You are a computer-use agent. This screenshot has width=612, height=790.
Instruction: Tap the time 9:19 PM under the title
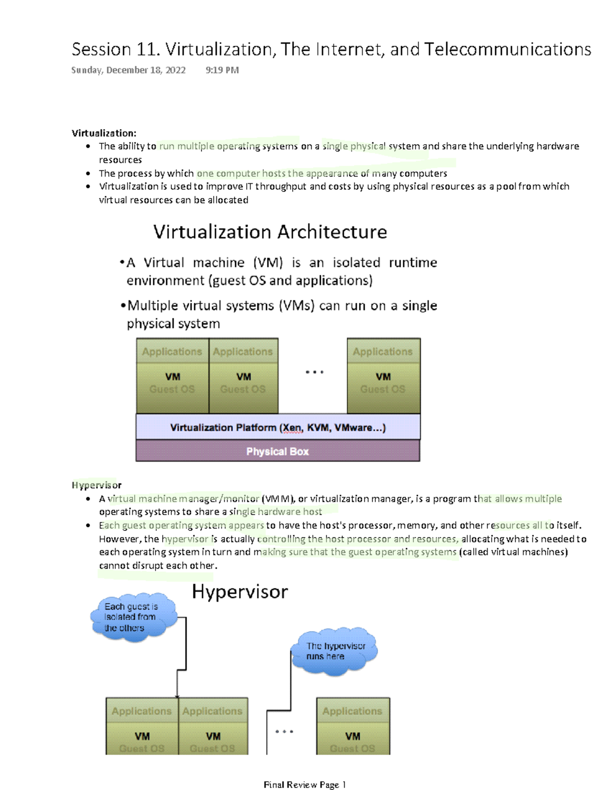(222, 70)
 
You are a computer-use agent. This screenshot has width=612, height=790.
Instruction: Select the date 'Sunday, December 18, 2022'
(128, 70)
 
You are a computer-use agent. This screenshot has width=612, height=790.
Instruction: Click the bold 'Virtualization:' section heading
(104, 133)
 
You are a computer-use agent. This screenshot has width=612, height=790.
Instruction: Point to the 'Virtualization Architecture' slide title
(270, 232)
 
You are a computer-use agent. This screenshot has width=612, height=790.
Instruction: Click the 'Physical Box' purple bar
(277, 451)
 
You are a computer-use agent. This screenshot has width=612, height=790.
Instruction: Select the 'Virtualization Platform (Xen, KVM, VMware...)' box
(277, 427)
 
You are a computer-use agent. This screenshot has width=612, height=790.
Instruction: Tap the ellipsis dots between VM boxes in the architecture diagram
(314, 372)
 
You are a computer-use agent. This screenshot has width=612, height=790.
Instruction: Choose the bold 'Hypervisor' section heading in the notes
(96, 485)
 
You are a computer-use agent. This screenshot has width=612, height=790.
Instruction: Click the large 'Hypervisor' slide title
(240, 592)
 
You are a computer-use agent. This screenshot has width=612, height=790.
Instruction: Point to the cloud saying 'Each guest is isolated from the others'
(132, 617)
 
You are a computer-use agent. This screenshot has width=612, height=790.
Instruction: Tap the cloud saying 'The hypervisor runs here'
(335, 651)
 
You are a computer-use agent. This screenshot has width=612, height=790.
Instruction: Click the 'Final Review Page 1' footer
(305, 784)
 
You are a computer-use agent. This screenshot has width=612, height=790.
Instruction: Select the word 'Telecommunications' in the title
(507, 49)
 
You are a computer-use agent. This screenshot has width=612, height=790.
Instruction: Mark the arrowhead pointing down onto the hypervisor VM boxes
(177, 696)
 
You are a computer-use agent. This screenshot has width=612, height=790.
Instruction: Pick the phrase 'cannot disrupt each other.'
(158, 566)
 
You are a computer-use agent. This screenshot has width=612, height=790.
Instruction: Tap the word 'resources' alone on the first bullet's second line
(120, 160)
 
